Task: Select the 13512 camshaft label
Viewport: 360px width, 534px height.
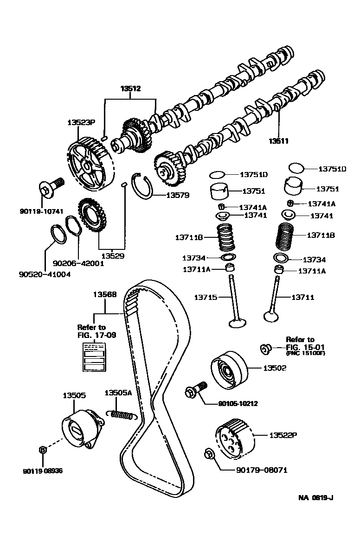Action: (130, 89)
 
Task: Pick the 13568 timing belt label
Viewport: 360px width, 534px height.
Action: (104, 294)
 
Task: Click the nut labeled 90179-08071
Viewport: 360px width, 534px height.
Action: (209, 455)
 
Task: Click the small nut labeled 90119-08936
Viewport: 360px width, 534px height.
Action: (42, 450)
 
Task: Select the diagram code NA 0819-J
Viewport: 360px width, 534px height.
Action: (315, 498)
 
